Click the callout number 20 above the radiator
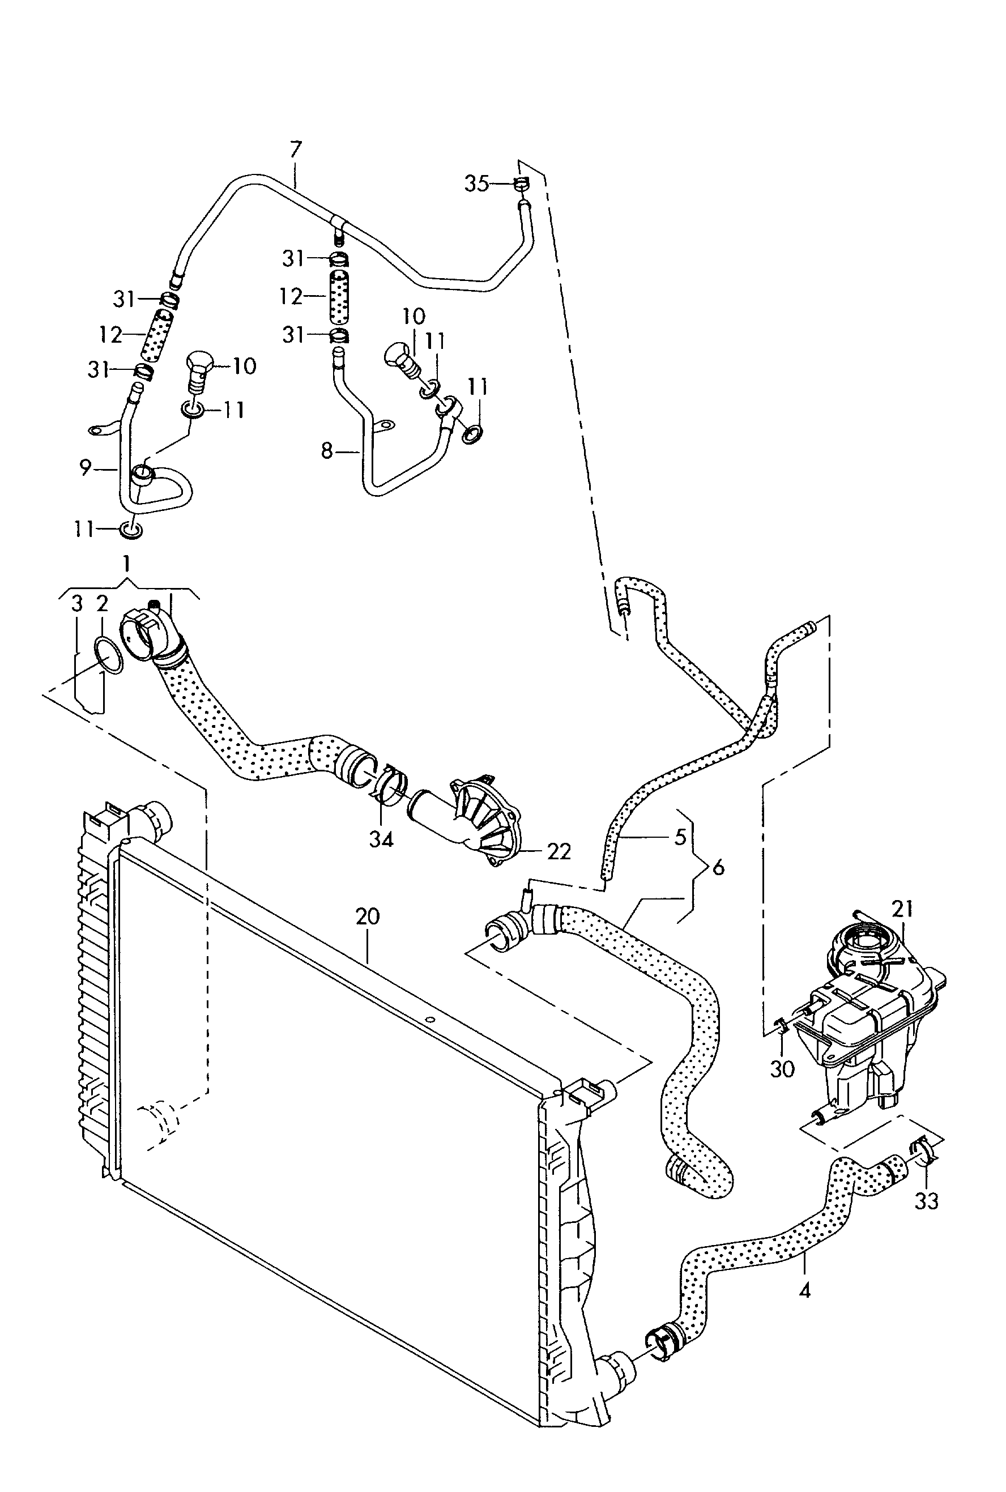point(368,916)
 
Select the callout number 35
point(477,184)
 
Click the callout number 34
point(381,839)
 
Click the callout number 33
point(927,1201)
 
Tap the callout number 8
point(327,451)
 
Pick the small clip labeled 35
point(522,184)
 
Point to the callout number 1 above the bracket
point(127,564)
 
